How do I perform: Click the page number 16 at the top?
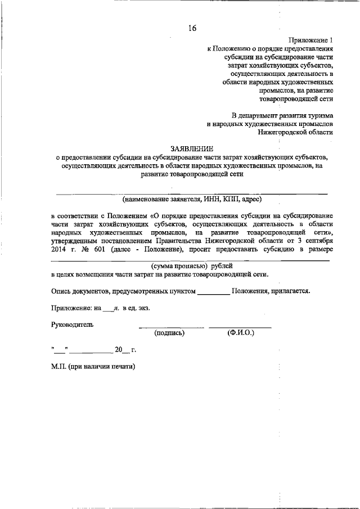coord(192,27)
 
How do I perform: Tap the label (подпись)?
coord(169,333)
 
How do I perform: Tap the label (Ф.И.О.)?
coord(241,333)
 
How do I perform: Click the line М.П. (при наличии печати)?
coord(93,366)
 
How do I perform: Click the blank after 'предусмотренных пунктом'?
coord(214,291)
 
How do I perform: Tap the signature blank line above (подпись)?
coord(172,327)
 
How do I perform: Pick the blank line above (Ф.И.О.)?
coord(240,327)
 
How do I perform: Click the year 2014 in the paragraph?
coord(58,250)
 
